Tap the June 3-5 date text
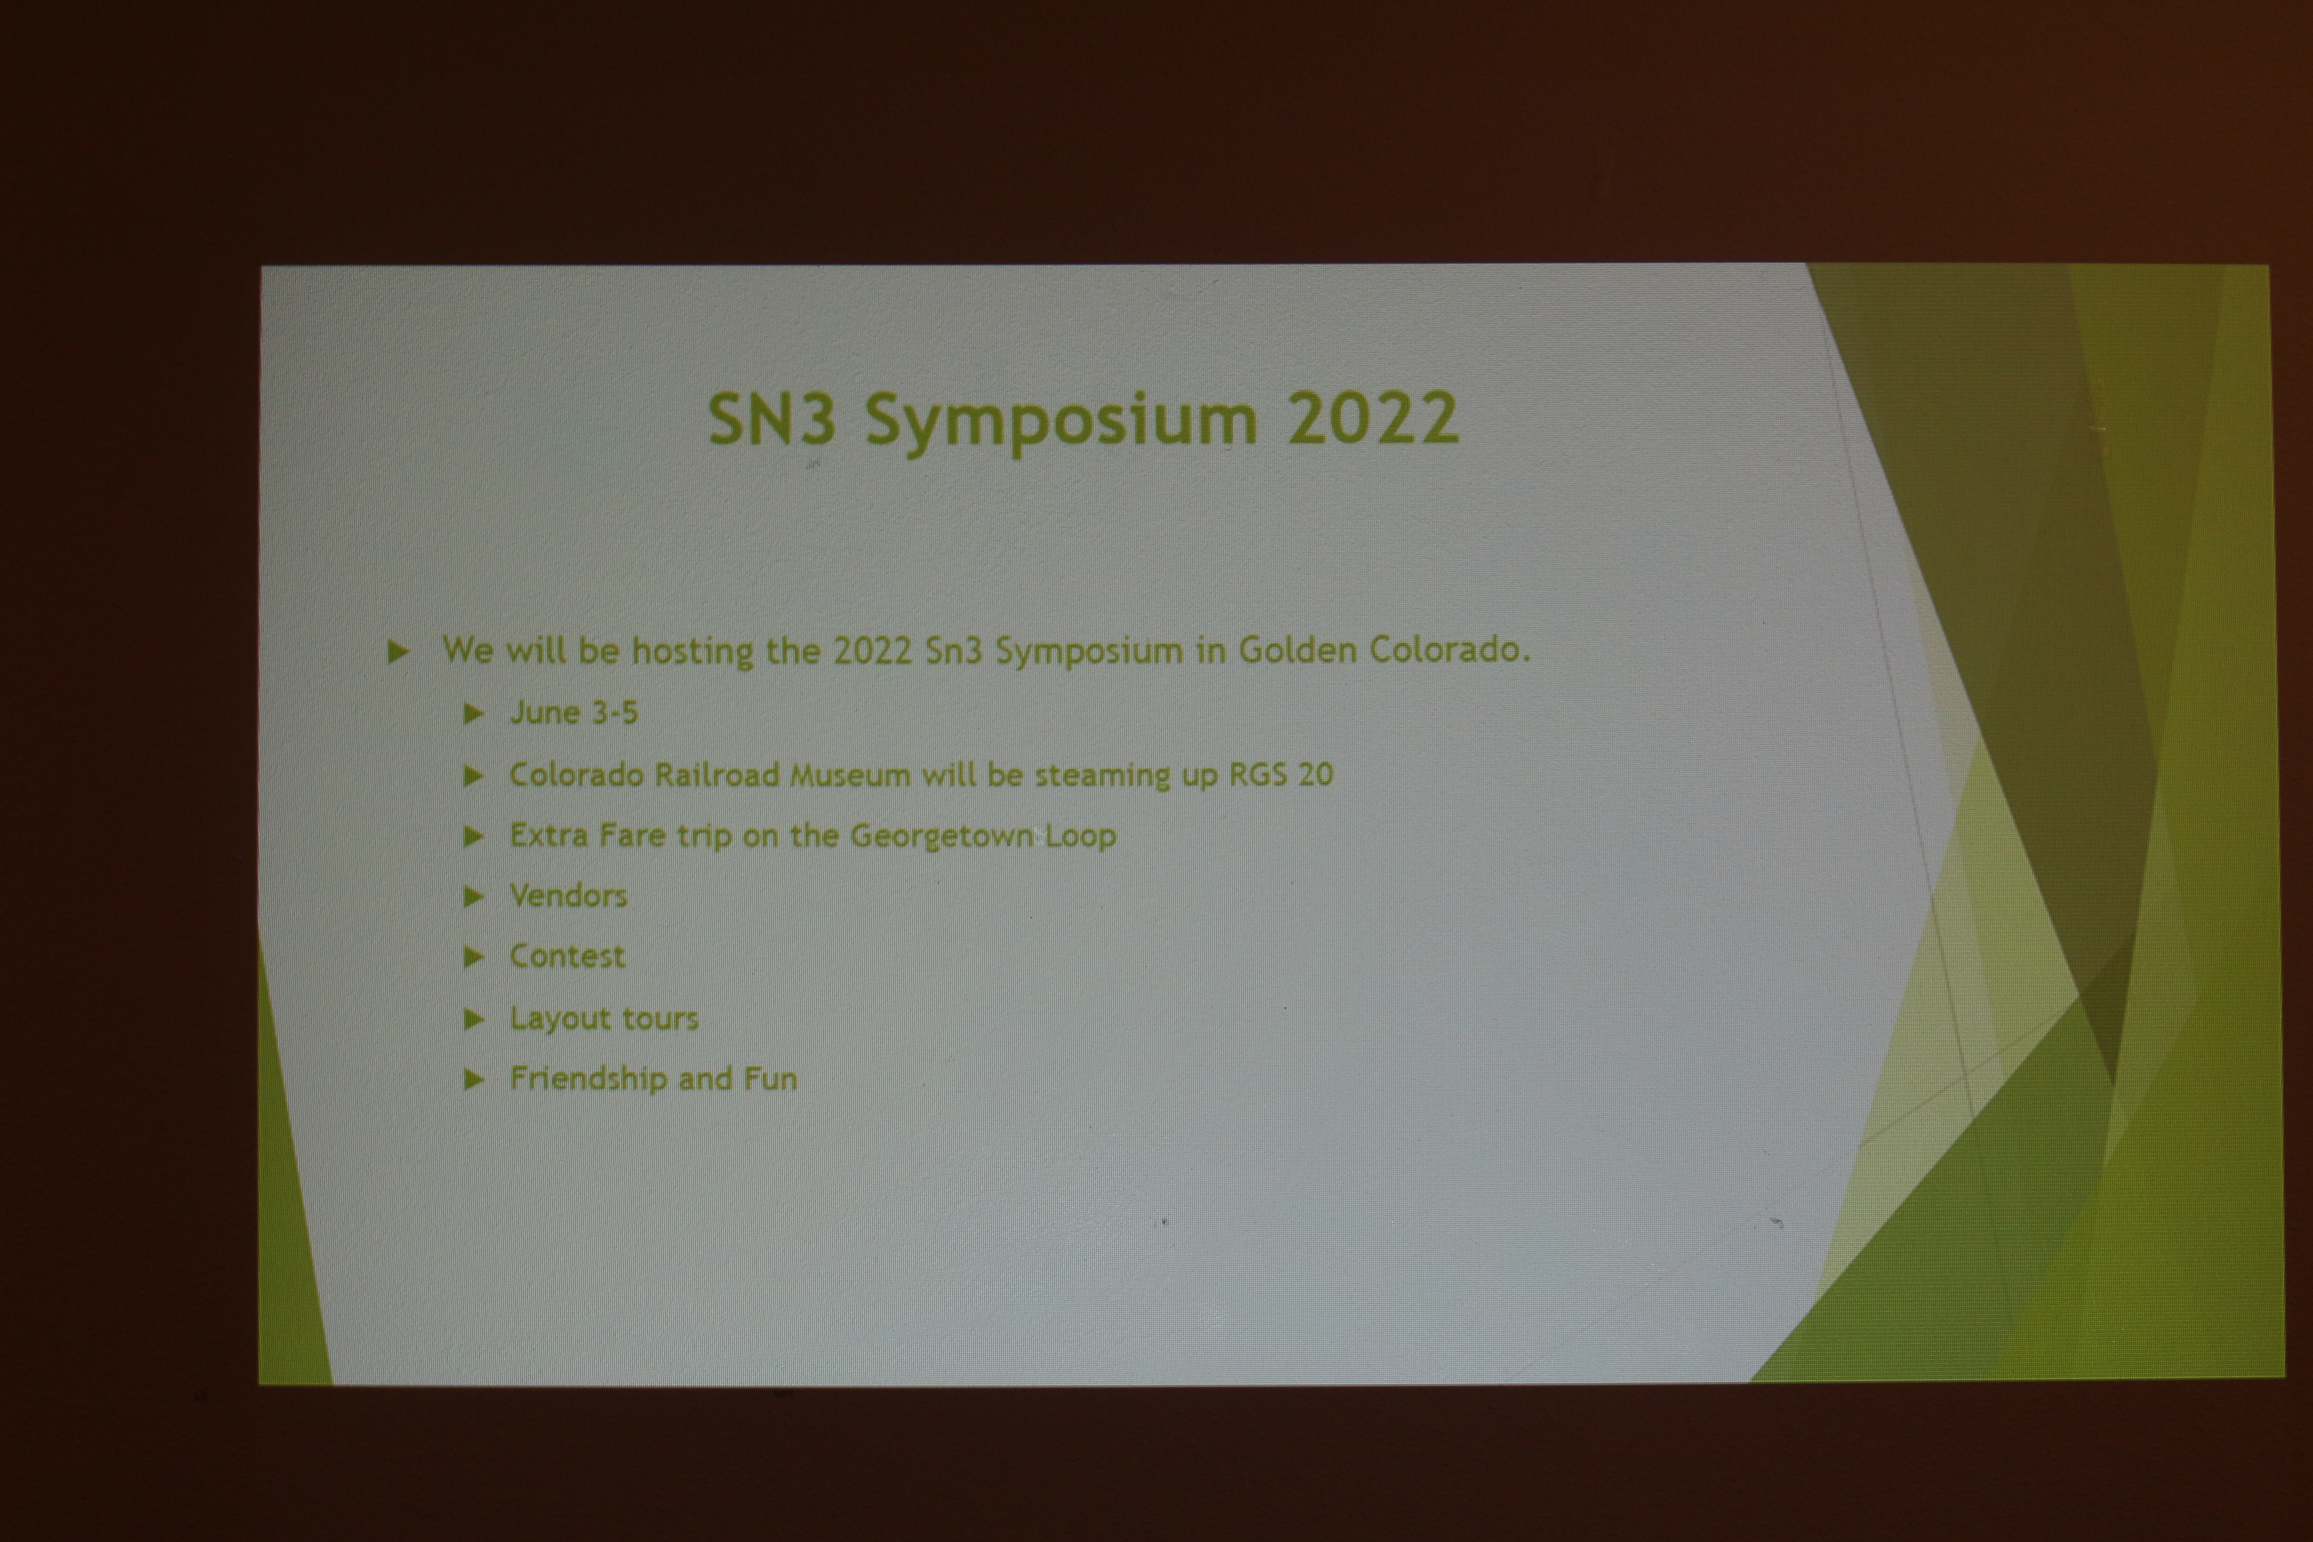[573, 712]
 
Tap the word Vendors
[568, 896]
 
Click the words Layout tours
[604, 1019]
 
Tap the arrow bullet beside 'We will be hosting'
[398, 651]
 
